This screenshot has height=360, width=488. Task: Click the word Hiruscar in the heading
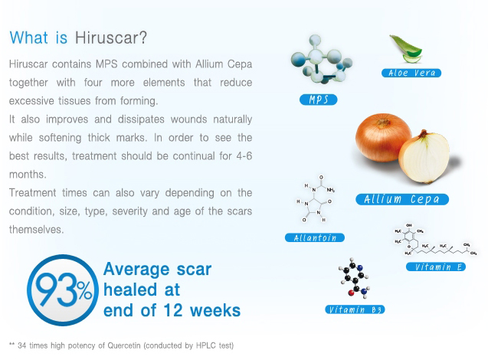click(x=110, y=38)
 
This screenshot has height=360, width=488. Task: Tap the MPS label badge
click(x=318, y=100)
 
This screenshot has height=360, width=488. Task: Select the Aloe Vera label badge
click(x=411, y=73)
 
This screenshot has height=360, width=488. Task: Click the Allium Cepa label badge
click(x=402, y=199)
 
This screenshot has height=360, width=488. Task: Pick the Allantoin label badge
click(x=315, y=237)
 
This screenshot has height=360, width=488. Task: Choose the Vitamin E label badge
click(x=436, y=267)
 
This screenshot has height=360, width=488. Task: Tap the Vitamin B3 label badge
click(x=355, y=309)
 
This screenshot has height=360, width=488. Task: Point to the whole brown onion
click(x=382, y=138)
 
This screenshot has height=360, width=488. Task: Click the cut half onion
click(x=424, y=157)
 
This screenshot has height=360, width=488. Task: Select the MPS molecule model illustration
click(x=321, y=60)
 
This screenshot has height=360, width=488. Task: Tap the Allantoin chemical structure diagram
click(x=316, y=198)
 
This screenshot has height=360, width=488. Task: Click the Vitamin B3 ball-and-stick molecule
click(x=355, y=278)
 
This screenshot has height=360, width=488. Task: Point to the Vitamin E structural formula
click(x=436, y=240)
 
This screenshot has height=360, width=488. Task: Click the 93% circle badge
click(x=63, y=290)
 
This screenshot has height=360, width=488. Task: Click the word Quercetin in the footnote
click(x=124, y=345)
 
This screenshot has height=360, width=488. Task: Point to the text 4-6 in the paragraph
click(x=244, y=156)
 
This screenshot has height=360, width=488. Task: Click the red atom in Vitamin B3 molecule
click(x=352, y=293)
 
